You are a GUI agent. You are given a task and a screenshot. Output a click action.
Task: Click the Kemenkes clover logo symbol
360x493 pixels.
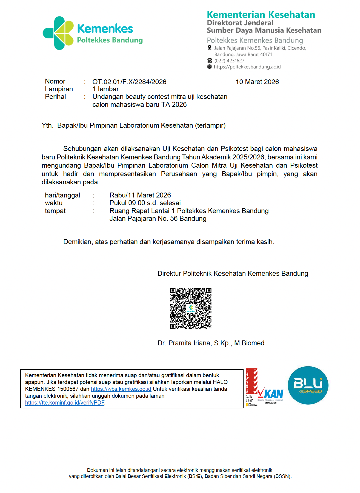(58, 33)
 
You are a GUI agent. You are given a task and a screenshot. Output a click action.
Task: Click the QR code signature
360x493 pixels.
(191, 308)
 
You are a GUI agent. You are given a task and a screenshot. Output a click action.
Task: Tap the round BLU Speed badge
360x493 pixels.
(308, 385)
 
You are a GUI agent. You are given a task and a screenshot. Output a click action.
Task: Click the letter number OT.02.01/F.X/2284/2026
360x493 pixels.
(129, 82)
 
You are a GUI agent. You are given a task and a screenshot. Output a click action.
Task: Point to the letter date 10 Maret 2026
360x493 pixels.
(257, 82)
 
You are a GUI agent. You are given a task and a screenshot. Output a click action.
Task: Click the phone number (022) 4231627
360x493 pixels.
(229, 61)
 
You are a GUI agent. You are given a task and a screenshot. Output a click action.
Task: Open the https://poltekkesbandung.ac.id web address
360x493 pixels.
(247, 67)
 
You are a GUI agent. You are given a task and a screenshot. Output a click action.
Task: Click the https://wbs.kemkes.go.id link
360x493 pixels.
(121, 389)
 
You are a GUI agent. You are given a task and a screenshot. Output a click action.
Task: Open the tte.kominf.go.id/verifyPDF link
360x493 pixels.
(65, 403)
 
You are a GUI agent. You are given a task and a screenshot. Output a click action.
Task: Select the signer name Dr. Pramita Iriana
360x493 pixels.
(211, 343)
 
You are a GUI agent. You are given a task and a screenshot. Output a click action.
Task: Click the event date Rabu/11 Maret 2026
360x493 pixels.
(140, 195)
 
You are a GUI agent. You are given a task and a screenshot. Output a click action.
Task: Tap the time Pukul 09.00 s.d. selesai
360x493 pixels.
(145, 203)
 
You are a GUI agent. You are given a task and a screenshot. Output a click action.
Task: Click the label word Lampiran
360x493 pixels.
(59, 89)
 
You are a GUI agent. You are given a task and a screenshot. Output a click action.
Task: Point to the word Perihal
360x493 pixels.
(55, 97)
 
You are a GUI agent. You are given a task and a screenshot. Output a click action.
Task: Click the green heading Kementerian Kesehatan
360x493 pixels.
(261, 15)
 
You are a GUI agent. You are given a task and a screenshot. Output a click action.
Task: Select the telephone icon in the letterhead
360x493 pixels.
(210, 61)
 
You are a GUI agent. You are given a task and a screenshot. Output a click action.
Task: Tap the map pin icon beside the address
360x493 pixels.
(210, 48)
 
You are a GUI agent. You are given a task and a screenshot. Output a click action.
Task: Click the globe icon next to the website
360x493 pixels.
(210, 67)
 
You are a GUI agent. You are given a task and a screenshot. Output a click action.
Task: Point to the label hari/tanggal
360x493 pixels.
(62, 195)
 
